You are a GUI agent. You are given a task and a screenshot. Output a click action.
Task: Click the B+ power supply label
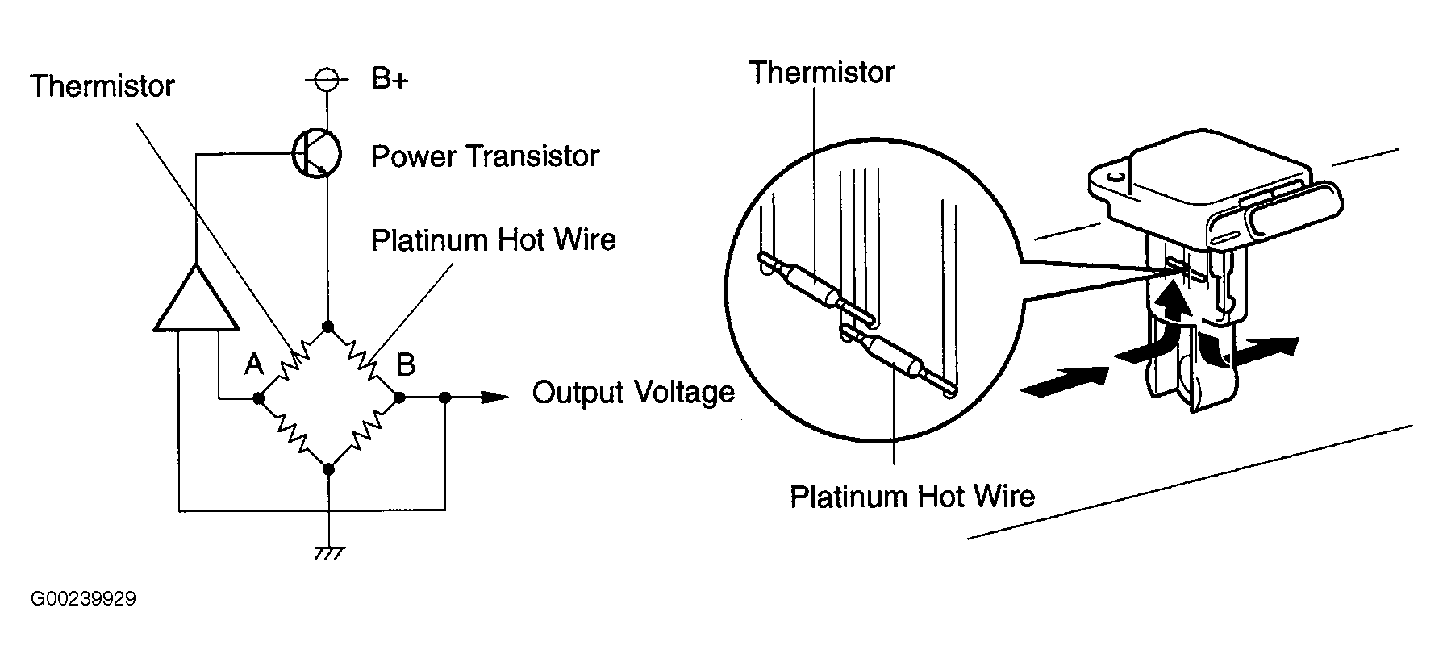(390, 79)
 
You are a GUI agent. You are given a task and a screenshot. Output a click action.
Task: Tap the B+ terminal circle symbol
(327, 80)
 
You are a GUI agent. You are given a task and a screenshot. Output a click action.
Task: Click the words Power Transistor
(485, 156)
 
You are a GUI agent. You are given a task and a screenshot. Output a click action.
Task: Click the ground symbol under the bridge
(328, 553)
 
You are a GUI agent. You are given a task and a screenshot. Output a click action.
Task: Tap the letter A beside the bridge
(254, 365)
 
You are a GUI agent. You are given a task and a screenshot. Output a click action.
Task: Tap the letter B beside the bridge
(406, 364)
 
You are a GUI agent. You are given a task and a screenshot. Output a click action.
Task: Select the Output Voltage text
(634, 393)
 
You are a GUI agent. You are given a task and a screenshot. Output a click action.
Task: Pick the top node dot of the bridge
(327, 327)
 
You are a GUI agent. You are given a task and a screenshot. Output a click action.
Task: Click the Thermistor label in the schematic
(102, 85)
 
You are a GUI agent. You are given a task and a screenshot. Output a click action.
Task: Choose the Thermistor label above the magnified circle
(822, 73)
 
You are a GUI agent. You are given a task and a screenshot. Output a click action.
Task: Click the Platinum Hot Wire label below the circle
(912, 496)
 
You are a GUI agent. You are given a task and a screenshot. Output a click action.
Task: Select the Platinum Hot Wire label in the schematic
(494, 240)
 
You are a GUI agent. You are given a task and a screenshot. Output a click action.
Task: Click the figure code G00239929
(83, 599)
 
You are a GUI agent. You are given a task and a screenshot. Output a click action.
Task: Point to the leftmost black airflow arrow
(1065, 381)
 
